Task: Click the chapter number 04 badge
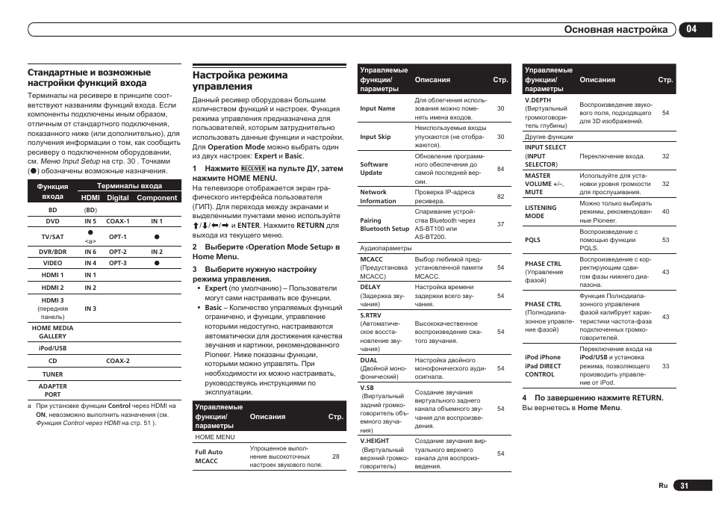[x=691, y=29]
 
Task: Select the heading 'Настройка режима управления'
[x=240, y=81]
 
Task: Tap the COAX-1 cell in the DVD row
[x=117, y=221]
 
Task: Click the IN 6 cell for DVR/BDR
[x=90, y=252]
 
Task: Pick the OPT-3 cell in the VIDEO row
[x=117, y=263]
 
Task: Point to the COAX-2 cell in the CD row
[x=117, y=361]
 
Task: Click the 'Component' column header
[x=157, y=198]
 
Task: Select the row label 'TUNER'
[x=52, y=374]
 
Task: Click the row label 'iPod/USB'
[x=52, y=348]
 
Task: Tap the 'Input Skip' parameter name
[x=375, y=137]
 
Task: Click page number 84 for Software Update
[x=500, y=169]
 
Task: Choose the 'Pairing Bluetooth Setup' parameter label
[x=384, y=225]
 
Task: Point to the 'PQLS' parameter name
[x=532, y=240]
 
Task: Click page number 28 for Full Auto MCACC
[x=335, y=456]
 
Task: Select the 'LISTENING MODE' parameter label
[x=541, y=211]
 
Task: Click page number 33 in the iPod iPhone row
[x=665, y=366]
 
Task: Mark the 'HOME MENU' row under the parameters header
[x=215, y=437]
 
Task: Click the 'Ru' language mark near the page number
[x=662, y=486]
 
